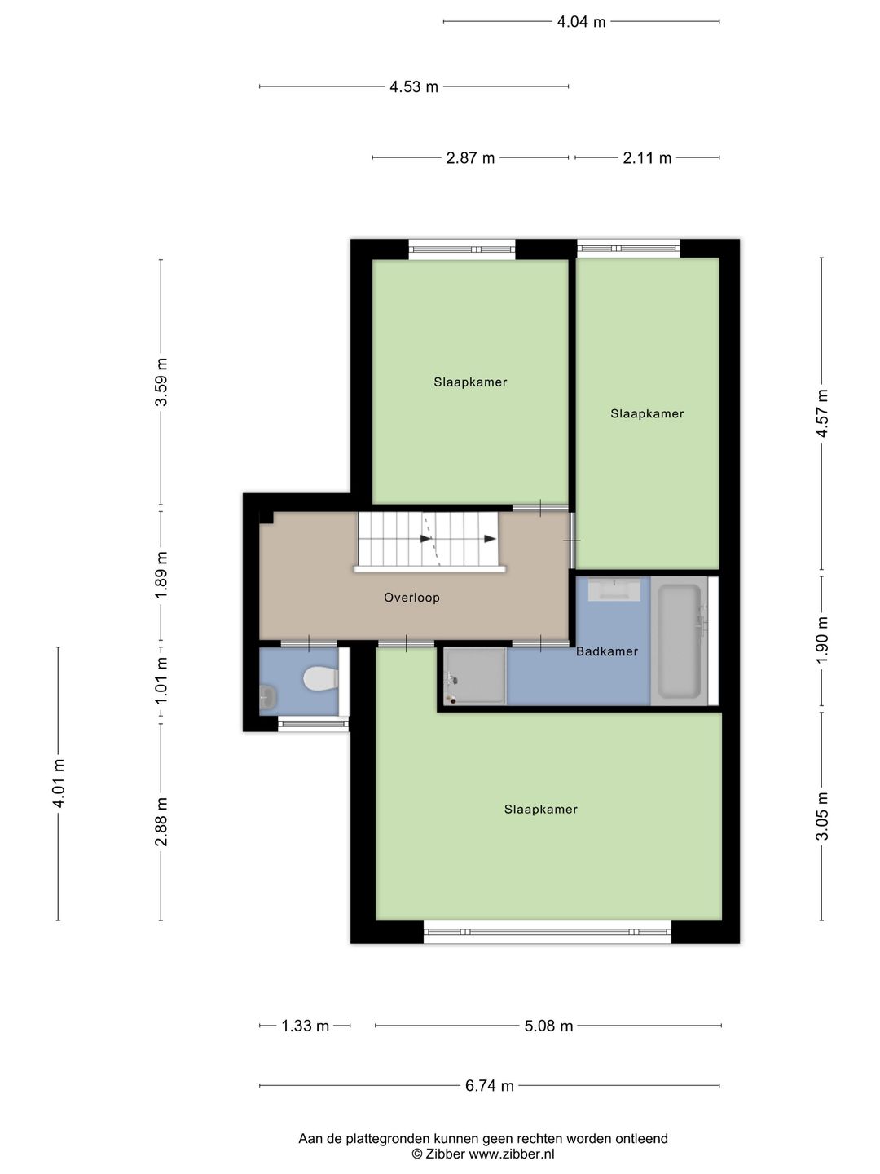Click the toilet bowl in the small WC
[320, 678]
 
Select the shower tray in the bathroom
[474, 676]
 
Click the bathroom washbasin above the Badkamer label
[614, 589]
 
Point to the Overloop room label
[411, 598]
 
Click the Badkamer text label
[607, 651]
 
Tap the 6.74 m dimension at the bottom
[490, 1085]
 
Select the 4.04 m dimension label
[581, 22]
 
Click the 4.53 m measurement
[414, 86]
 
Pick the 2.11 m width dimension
[647, 158]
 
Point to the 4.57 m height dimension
[822, 413]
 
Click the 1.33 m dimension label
[305, 1026]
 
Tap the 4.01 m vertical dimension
[59, 783]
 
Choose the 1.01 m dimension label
[161, 686]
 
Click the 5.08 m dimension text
[548, 1026]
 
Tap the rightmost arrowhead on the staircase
[490, 539]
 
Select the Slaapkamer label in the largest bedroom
[541, 810]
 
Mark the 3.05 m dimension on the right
[822, 816]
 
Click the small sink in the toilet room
[267, 697]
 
